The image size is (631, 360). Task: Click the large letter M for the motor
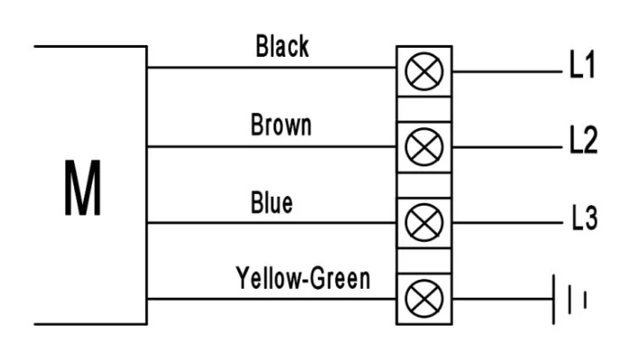(82, 188)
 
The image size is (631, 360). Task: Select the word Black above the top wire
(282, 46)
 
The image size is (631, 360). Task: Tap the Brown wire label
(281, 125)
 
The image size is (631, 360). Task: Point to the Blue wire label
(272, 202)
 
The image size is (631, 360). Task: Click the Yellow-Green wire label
(303, 278)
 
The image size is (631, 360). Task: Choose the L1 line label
(582, 64)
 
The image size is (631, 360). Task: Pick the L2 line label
(583, 140)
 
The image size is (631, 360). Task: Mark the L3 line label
(585, 217)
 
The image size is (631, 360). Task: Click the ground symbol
(570, 300)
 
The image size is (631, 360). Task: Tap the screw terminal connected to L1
(424, 71)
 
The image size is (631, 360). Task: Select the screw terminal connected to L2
(424, 147)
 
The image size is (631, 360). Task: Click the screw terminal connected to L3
(424, 223)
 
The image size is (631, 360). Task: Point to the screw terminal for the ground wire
(424, 299)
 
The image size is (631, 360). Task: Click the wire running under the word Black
(272, 68)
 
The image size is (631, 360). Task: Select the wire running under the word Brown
(272, 147)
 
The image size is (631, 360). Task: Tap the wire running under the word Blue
(272, 223)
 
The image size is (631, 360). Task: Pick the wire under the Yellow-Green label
(272, 299)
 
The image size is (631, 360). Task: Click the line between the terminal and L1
(507, 71)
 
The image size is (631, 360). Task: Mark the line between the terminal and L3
(507, 223)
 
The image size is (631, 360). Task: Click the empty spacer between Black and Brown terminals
(424, 109)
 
